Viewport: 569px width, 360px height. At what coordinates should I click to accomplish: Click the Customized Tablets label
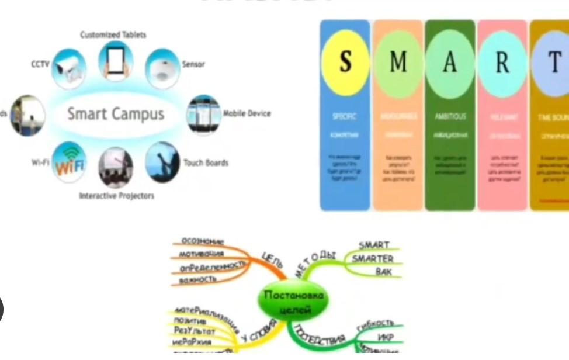tap(113, 35)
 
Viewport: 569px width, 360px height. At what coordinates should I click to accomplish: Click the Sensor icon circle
tap(162, 68)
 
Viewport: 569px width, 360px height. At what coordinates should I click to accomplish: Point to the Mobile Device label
tap(247, 113)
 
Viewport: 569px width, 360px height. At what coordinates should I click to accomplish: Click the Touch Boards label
tap(206, 162)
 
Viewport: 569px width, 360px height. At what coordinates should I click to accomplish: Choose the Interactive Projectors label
tap(117, 196)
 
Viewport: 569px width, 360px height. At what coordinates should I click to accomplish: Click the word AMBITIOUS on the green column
tap(450, 116)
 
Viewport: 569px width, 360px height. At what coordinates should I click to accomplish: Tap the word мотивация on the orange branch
tap(202, 254)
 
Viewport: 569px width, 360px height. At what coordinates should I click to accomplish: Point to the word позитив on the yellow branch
tap(189, 321)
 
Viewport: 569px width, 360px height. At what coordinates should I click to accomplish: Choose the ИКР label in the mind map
tap(385, 338)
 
